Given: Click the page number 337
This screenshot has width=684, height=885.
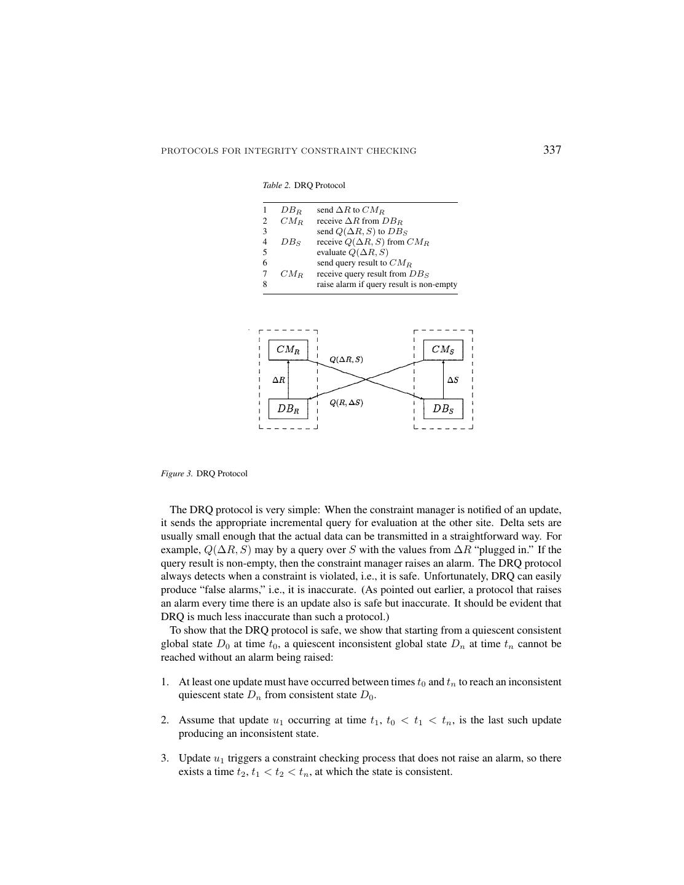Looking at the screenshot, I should (552, 150).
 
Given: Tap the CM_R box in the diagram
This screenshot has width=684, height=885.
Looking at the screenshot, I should (288, 350).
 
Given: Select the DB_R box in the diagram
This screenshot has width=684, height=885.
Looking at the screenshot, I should (288, 409).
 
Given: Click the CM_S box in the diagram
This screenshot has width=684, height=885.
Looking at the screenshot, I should (443, 350).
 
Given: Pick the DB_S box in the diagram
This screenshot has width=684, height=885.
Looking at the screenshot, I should (443, 409).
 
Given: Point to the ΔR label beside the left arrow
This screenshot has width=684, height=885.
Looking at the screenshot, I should (279, 380).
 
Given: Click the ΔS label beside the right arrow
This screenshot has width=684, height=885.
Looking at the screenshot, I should (453, 380).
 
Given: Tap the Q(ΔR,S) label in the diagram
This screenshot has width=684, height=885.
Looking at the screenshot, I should (346, 359).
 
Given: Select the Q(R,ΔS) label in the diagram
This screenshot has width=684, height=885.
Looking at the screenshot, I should (346, 403).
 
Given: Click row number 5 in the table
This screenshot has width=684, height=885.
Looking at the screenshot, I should (265, 253).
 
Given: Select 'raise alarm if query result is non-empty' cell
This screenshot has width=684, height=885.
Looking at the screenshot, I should (387, 285).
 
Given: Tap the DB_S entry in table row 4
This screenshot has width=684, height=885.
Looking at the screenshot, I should (291, 242).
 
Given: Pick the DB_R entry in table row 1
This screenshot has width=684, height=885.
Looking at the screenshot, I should (291, 210).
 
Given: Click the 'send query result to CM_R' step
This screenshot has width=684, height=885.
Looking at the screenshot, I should (364, 263).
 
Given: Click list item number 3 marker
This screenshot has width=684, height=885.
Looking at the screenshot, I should (165, 758).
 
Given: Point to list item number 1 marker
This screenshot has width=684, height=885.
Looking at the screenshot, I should (165, 682).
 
